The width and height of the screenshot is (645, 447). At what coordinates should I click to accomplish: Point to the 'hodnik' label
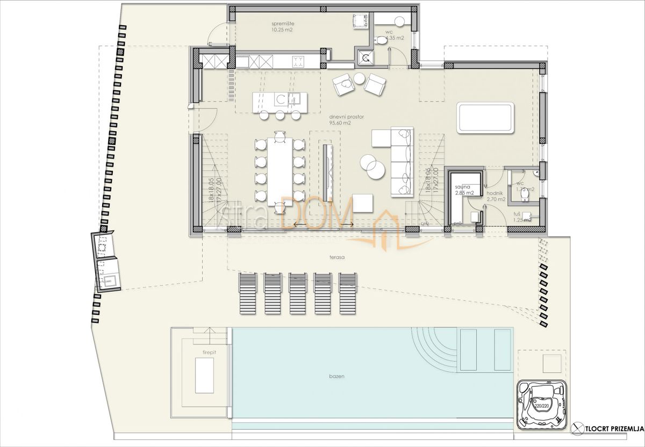tap(494, 192)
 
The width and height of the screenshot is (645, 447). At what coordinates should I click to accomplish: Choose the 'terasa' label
tap(337, 257)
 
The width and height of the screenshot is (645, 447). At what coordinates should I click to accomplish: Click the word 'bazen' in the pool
tap(338, 376)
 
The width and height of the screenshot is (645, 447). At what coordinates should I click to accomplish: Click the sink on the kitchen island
tap(295, 98)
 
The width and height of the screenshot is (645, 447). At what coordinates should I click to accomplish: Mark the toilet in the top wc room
tap(381, 40)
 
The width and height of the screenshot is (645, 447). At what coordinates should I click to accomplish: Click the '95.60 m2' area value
tap(340, 122)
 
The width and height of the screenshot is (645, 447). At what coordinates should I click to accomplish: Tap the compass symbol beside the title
tap(578, 428)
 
